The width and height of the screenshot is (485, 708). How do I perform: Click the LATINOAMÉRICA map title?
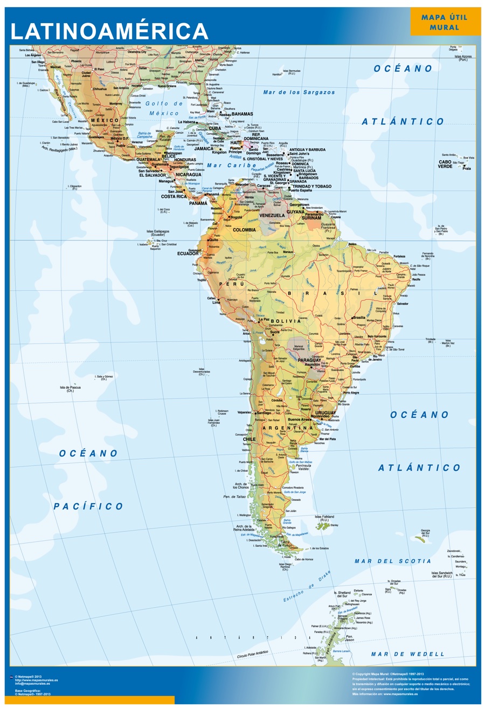pyautogui.click(x=109, y=31)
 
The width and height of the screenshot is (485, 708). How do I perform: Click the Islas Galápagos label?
pyautogui.click(x=157, y=233)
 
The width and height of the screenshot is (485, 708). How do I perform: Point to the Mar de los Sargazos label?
pyautogui.click(x=299, y=92)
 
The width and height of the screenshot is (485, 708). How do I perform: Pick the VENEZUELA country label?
pyautogui.click(x=271, y=215)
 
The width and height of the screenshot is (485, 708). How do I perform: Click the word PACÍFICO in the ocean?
pyautogui.click(x=89, y=506)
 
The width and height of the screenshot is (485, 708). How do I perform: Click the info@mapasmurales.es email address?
pyautogui.click(x=36, y=683)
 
